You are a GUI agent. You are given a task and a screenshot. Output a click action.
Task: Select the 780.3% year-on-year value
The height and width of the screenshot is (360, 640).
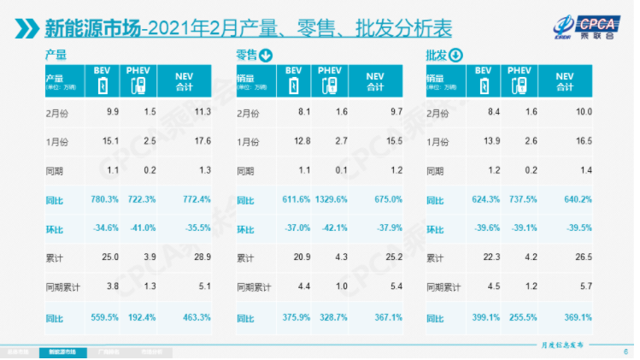point(102,199)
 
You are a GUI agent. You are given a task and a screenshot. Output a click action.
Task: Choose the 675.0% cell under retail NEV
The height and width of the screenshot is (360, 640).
point(389,199)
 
